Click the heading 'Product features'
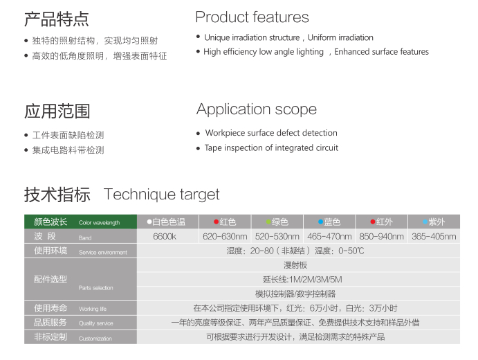click(x=252, y=17)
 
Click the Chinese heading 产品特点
click(x=57, y=19)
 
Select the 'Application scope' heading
click(x=257, y=109)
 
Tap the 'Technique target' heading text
click(x=162, y=195)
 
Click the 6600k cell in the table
click(x=165, y=237)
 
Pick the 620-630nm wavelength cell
click(x=225, y=237)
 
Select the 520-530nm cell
click(x=277, y=237)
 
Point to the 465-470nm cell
click(x=329, y=237)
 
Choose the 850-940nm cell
click(x=381, y=237)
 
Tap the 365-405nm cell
click(x=434, y=237)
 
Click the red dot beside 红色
click(x=216, y=222)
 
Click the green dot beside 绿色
click(x=268, y=222)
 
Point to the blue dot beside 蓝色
click(x=320, y=222)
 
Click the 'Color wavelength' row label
click(x=99, y=223)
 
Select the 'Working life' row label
click(x=93, y=309)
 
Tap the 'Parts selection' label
click(x=95, y=288)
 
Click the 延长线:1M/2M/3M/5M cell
click(x=302, y=280)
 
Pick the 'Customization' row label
click(x=95, y=339)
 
